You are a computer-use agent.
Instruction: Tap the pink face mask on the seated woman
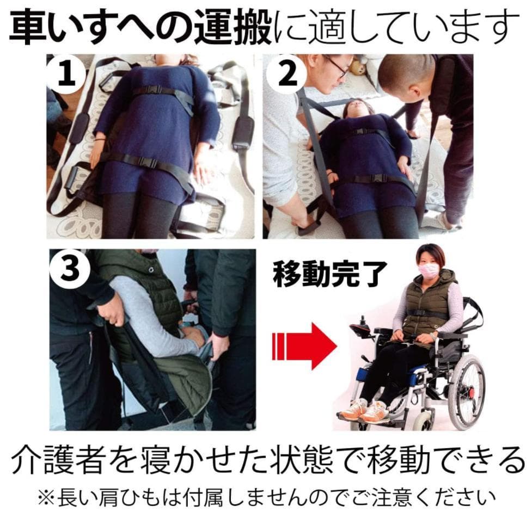[429, 270]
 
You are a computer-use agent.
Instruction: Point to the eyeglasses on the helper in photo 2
[336, 67]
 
